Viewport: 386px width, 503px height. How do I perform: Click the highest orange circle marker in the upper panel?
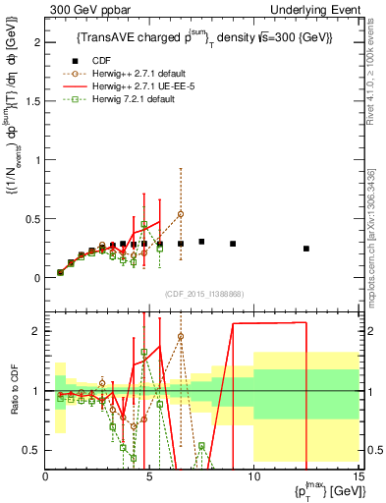click(181, 214)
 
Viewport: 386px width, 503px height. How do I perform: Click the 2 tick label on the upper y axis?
click(36, 43)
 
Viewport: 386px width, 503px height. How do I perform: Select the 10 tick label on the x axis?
click(253, 476)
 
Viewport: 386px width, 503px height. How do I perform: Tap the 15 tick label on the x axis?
click(357, 476)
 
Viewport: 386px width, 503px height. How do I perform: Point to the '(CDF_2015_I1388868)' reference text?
click(201, 294)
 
